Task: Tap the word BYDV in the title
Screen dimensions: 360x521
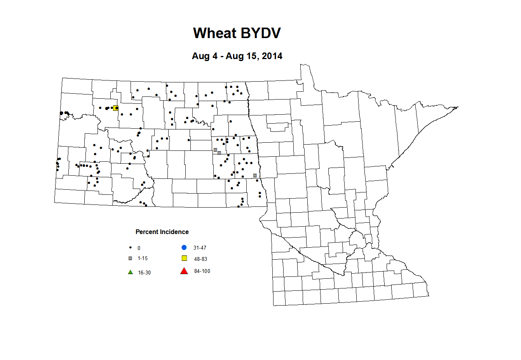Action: pyautogui.click(x=260, y=33)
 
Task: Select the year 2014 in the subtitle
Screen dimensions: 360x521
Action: pyautogui.click(x=272, y=56)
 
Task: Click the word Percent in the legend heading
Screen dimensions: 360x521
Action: pyautogui.click(x=148, y=232)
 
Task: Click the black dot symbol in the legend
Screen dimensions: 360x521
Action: pyautogui.click(x=131, y=248)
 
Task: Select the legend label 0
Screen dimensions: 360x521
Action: pyautogui.click(x=139, y=248)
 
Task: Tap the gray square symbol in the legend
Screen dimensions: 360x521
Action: pyautogui.click(x=131, y=258)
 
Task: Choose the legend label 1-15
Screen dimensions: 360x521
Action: pyautogui.click(x=143, y=259)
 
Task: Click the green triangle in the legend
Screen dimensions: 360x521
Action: pyautogui.click(x=131, y=272)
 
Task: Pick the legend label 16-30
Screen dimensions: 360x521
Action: pyautogui.click(x=144, y=273)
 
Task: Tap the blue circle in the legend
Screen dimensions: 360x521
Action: pyautogui.click(x=184, y=248)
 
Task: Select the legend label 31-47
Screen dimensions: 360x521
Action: pyautogui.click(x=200, y=248)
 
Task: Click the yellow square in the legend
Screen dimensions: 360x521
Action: pyautogui.click(x=185, y=258)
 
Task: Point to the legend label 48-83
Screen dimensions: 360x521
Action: pyautogui.click(x=200, y=259)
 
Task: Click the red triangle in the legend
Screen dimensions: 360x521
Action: pyautogui.click(x=184, y=271)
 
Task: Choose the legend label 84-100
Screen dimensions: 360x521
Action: pyautogui.click(x=202, y=271)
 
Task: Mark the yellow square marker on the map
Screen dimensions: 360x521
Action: pyautogui.click(x=115, y=108)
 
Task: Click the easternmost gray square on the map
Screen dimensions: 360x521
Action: pyautogui.click(x=255, y=175)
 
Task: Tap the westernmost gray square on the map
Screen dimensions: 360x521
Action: pyautogui.click(x=215, y=150)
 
